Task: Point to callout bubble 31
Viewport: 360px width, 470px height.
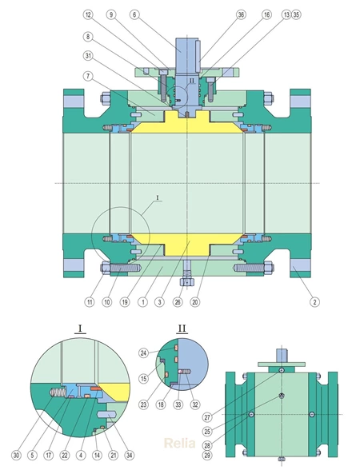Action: pos(89,55)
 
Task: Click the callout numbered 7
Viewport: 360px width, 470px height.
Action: pos(89,76)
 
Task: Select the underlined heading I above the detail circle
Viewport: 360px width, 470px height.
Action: pos(82,329)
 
